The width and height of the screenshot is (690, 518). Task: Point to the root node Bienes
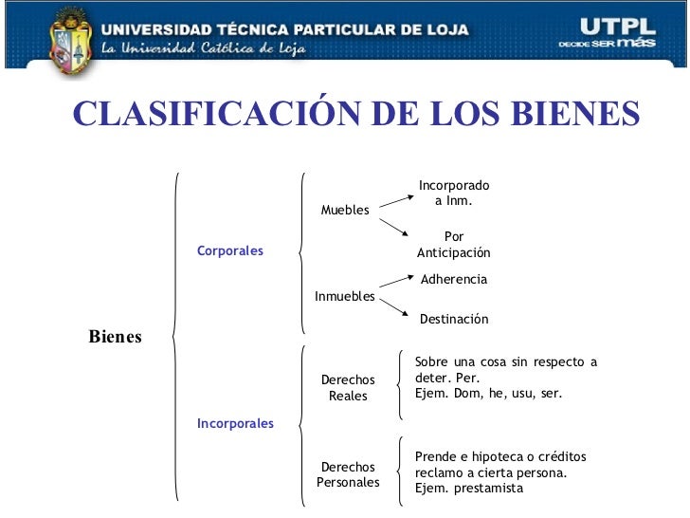coord(115,337)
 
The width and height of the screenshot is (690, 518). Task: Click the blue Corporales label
coord(230,251)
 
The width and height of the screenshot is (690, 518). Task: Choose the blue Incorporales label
coord(235,423)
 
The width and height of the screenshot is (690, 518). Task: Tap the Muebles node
coord(345,210)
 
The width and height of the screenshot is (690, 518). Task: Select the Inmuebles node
coord(344,297)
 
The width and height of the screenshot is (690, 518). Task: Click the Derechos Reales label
coord(348,388)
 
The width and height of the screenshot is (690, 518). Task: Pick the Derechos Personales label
coord(348,474)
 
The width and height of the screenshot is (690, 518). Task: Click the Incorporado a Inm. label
coord(454,194)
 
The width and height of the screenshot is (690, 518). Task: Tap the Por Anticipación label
coord(454,245)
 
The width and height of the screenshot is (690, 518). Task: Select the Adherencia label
coord(453,280)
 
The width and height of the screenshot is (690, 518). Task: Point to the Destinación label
coord(454,320)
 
